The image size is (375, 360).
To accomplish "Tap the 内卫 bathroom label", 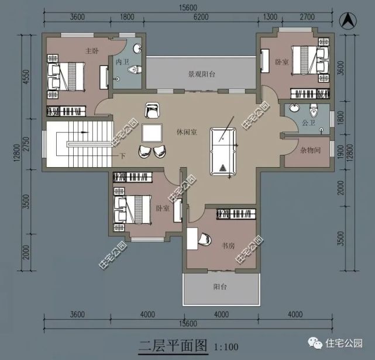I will tap(122, 61).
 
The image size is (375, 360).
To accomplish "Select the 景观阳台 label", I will tap(201, 75).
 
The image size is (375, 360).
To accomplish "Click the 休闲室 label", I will tap(186, 132).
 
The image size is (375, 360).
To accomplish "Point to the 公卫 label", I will tap(308, 123).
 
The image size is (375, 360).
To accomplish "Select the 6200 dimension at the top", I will tap(201, 16).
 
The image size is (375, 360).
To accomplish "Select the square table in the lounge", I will tap(153, 134).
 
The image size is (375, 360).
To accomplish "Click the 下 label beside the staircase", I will tap(122, 155).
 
